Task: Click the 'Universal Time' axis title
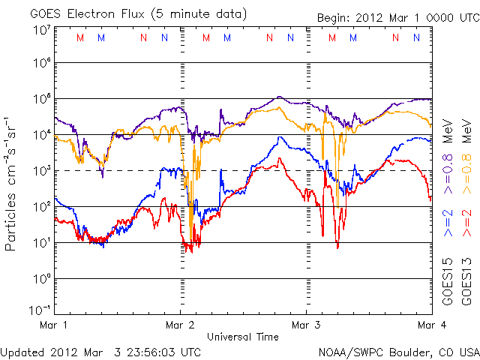pos(242,337)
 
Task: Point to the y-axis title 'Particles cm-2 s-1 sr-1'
pos(13,183)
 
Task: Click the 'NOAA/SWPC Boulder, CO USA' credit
pos(398,351)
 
